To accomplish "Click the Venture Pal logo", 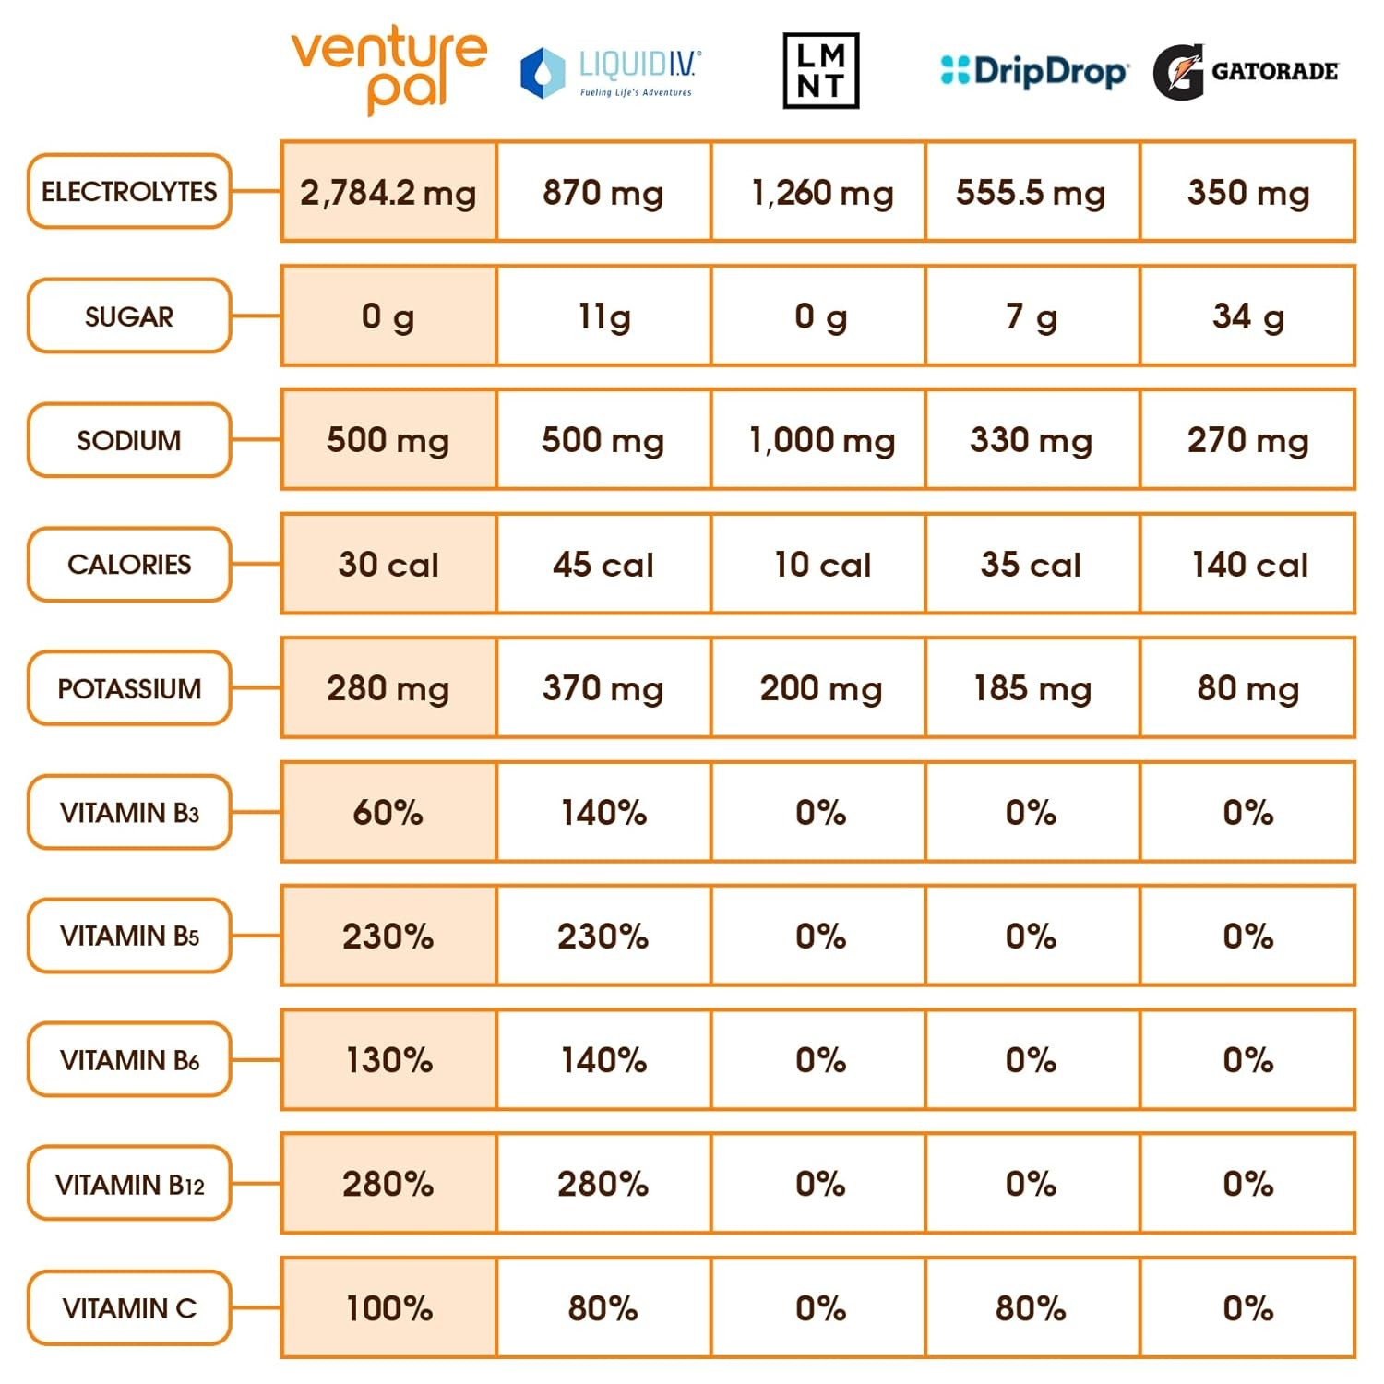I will pyautogui.click(x=388, y=70).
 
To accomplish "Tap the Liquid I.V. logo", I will pyautogui.click(x=610, y=72).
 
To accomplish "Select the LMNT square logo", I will pyautogui.click(x=820, y=71).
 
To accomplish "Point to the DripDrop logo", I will pyautogui.click(x=1033, y=71).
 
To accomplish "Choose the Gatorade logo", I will pyautogui.click(x=1245, y=71).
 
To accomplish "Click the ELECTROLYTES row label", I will pyautogui.click(x=129, y=192).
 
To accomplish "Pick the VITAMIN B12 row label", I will pyautogui.click(x=129, y=1184).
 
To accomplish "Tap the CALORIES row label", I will pyautogui.click(x=129, y=565).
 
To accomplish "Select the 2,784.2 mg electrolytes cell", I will pyautogui.click(x=388, y=193).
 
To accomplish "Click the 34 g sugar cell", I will pyautogui.click(x=1247, y=316).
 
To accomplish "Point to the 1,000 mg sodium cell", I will pyautogui.click(x=820, y=440).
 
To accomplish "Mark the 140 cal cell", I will pyautogui.click(x=1247, y=565).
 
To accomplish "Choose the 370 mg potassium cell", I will pyautogui.click(x=603, y=688).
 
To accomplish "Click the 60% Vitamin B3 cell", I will pyautogui.click(x=388, y=812).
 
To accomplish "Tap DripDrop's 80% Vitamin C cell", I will pyautogui.click(x=1031, y=1307).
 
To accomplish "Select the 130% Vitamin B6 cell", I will pyautogui.click(x=388, y=1060).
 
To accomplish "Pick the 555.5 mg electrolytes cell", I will pyautogui.click(x=1031, y=193).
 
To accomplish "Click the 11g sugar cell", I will pyautogui.click(x=603, y=316).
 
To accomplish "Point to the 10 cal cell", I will pyautogui.click(x=820, y=565).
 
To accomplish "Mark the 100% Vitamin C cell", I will pyautogui.click(x=388, y=1307).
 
